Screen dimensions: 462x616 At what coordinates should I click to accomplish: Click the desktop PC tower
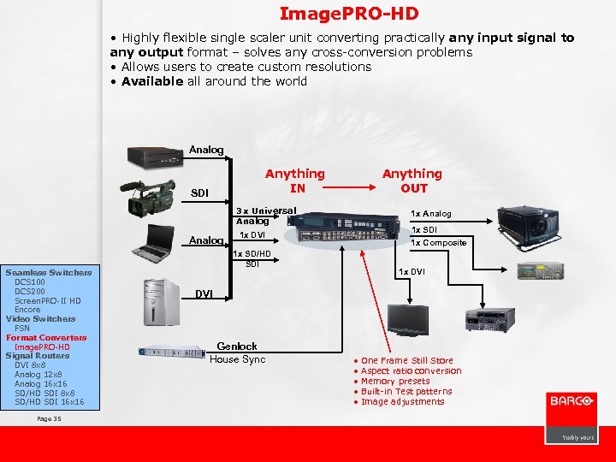pyautogui.click(x=160, y=303)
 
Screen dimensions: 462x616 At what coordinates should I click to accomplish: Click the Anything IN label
pyautogui.click(x=295, y=181)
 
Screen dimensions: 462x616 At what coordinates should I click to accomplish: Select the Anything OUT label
pyautogui.click(x=412, y=181)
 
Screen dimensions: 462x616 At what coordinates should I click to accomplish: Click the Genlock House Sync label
pyautogui.click(x=237, y=352)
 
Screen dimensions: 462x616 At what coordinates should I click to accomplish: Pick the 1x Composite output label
pyautogui.click(x=439, y=242)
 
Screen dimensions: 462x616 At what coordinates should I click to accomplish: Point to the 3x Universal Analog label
pyautogui.click(x=265, y=216)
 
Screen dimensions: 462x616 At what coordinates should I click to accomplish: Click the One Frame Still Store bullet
pyautogui.click(x=406, y=361)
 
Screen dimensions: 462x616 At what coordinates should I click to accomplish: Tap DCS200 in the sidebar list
pyautogui.click(x=30, y=291)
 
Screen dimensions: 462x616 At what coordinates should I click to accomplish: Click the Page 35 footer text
pyautogui.click(x=50, y=418)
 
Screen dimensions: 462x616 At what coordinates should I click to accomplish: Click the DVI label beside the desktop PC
pyautogui.click(x=204, y=294)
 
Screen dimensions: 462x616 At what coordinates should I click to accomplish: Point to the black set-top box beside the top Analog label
pyautogui.click(x=157, y=157)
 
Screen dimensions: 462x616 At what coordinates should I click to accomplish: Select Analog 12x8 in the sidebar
pyautogui.click(x=38, y=375)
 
